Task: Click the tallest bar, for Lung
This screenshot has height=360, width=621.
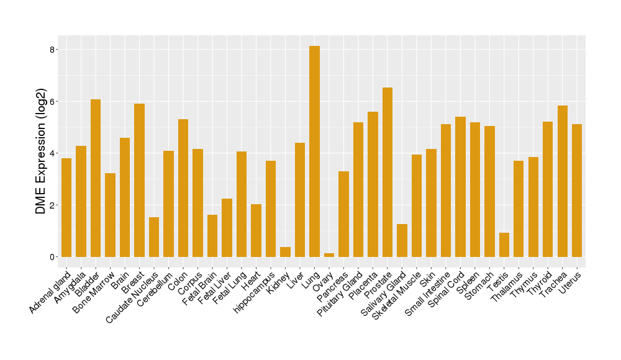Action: pos(314,151)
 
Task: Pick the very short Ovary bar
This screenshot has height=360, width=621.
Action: pos(329,254)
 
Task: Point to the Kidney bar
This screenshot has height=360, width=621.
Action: pos(285,252)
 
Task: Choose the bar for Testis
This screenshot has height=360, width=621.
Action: pos(504,245)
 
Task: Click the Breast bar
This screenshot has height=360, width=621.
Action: pos(139,180)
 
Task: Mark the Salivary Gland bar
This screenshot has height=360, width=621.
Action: pos(402,240)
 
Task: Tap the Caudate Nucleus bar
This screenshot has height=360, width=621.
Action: pos(154,237)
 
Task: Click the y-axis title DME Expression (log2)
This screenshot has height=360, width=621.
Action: pos(41,153)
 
